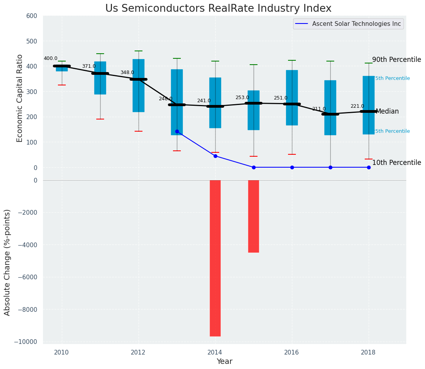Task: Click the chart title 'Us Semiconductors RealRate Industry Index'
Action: click(x=218, y=9)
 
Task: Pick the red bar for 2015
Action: click(x=254, y=216)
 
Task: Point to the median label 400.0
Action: click(x=50, y=58)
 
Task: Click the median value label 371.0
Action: click(x=89, y=66)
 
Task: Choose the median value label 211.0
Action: click(x=319, y=109)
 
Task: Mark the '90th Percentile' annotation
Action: click(x=396, y=60)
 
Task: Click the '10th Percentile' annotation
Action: click(x=396, y=163)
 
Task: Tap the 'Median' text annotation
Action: click(x=387, y=112)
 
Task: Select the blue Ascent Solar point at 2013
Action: click(x=177, y=132)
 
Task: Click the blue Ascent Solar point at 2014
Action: click(x=215, y=156)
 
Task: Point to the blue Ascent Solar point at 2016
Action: click(x=292, y=167)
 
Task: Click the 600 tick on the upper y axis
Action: click(x=32, y=16)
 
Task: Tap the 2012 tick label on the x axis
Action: click(x=138, y=352)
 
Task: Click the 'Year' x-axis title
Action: click(x=225, y=362)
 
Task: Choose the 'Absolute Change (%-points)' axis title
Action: click(x=7, y=262)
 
